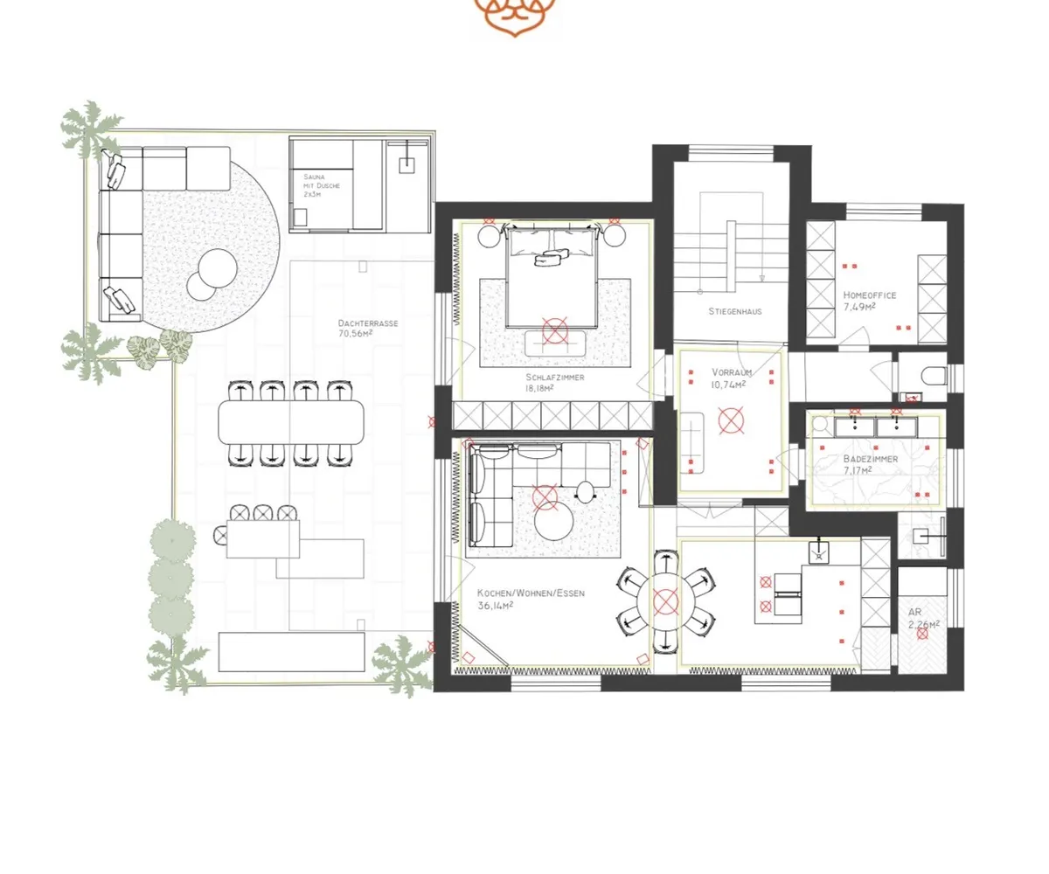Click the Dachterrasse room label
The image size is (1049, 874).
point(368,323)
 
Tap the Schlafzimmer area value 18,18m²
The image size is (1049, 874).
point(539,388)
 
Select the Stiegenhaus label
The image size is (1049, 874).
point(735,311)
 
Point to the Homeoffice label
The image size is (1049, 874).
point(870,295)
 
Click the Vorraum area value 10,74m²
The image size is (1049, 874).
point(728,385)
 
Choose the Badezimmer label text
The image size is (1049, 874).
point(871,459)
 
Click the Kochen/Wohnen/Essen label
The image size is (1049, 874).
point(531,593)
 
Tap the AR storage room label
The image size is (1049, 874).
point(915,613)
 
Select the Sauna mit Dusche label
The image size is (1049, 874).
point(321,185)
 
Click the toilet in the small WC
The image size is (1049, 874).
point(935,375)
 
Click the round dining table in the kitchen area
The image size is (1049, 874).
point(665,602)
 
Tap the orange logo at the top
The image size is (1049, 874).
point(515,17)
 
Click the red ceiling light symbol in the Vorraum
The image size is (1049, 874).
point(731,420)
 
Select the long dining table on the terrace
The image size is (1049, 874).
point(291,422)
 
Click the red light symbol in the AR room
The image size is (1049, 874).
point(922,634)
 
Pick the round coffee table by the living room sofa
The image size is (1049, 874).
point(553,522)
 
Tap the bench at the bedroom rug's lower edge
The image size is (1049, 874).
point(555,343)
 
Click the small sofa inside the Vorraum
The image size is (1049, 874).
point(691,443)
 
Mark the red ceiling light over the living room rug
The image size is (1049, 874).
point(545,497)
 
